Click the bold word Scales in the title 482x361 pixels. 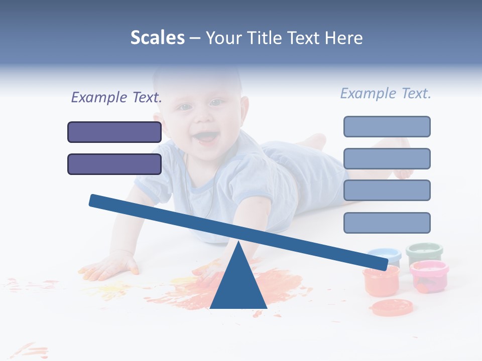click(157, 38)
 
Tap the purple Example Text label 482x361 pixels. click(116, 98)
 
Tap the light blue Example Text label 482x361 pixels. click(386, 93)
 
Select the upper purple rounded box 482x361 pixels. click(114, 132)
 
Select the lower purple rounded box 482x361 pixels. click(114, 164)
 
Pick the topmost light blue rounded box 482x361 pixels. click(387, 126)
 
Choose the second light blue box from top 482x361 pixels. click(387, 158)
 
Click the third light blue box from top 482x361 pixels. click(387, 190)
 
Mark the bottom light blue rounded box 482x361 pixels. click(387, 223)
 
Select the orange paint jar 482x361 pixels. click(381, 281)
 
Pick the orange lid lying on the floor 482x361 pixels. click(392, 307)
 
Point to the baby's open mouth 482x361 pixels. click(206, 136)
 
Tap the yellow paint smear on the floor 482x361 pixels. click(110, 289)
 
